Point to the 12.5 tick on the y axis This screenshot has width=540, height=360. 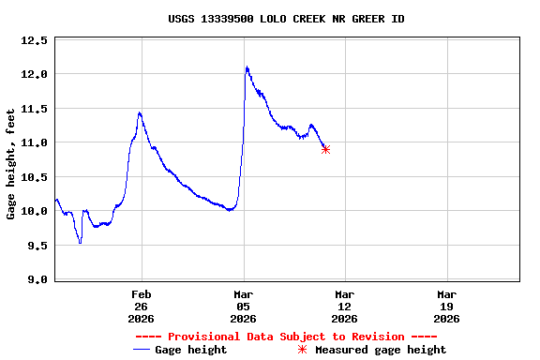[x=34, y=40]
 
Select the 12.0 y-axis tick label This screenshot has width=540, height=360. [x=34, y=74]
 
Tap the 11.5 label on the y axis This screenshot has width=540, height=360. [x=34, y=109]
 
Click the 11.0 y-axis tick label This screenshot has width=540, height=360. [x=34, y=142]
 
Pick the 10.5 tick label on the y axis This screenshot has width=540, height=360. [x=34, y=177]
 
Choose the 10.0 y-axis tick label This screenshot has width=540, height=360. [x=34, y=211]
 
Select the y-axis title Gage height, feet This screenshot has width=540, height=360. [x=11, y=164]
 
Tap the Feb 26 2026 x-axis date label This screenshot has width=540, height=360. [x=142, y=306]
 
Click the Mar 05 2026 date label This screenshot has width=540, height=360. [x=244, y=306]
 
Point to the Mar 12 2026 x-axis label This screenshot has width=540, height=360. [x=345, y=306]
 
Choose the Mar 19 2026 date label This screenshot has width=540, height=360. [x=447, y=306]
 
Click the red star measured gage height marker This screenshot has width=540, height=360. [x=325, y=149]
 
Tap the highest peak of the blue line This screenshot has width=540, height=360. [x=247, y=67]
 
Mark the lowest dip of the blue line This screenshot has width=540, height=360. [x=81, y=243]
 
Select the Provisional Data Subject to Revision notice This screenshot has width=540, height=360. [x=286, y=337]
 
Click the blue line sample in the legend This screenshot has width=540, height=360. [x=142, y=350]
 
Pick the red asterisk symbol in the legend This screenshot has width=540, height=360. [x=302, y=350]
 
